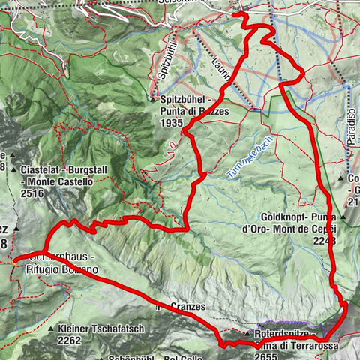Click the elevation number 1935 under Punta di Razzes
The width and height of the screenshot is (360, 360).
tap(172, 121)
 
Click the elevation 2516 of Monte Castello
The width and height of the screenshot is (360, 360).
tap(34, 193)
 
